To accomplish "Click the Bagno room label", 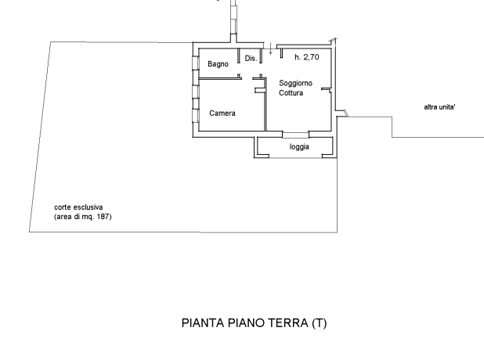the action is pos(218,64).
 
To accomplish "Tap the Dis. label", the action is pos(251,58).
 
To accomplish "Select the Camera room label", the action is pos(222,113).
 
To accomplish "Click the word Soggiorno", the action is pos(295,83).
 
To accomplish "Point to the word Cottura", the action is pos(291,93).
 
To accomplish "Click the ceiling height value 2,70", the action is pos(311,57).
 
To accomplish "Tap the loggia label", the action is pos(299,147).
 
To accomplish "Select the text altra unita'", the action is pos(439,107).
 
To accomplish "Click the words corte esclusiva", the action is pos(78,207).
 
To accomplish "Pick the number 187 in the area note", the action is pos(103,217).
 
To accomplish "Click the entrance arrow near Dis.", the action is pos(271,49).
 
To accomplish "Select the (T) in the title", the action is pos(320,323).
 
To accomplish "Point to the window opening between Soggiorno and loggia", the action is pos(295,134).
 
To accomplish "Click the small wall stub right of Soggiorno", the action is pos(327,89).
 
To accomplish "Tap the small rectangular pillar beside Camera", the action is pos(260,90).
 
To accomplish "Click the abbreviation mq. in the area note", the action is pos(89,217).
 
